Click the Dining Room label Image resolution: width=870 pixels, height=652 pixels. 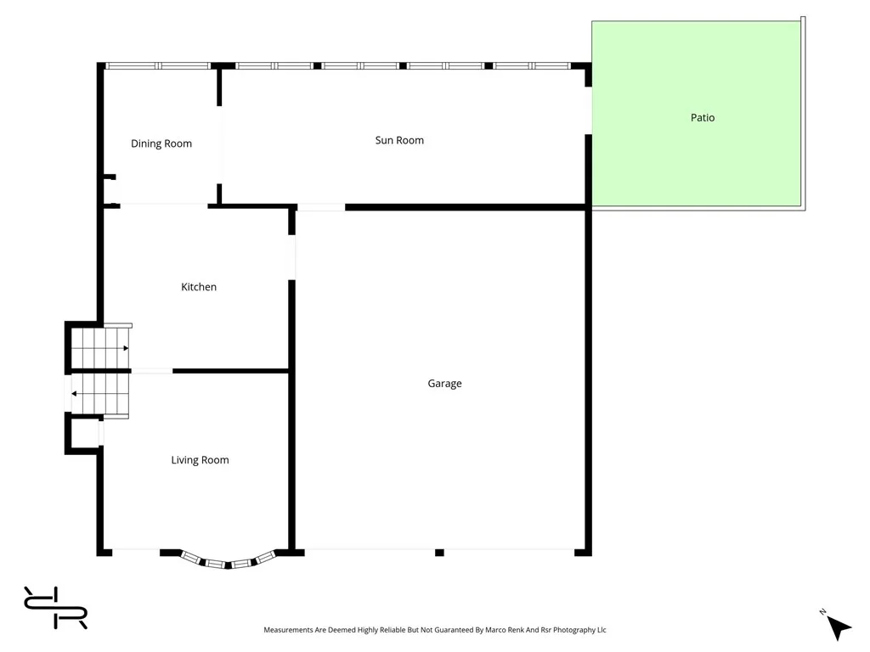coord(161,143)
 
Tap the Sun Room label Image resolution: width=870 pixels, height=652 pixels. coord(399,140)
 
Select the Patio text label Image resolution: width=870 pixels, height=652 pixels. coord(703,118)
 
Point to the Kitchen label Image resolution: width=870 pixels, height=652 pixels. coord(199,287)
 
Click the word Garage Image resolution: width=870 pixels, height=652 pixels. coord(444,384)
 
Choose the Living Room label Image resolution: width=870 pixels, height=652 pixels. coord(200,460)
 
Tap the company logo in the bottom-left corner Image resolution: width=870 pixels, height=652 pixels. coord(55,608)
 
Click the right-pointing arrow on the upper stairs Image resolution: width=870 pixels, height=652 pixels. coord(124,348)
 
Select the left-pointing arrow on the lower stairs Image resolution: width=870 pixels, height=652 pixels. coord(75,393)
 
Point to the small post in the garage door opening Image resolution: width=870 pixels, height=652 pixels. coord(439,553)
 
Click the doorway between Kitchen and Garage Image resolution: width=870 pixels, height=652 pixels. coord(291,257)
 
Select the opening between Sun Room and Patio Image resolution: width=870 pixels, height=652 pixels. coord(588,110)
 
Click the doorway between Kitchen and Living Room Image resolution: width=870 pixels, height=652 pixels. coord(152,371)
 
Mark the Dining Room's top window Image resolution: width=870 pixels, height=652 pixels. coord(158,65)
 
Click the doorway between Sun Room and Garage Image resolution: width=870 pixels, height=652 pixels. coord(321,206)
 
